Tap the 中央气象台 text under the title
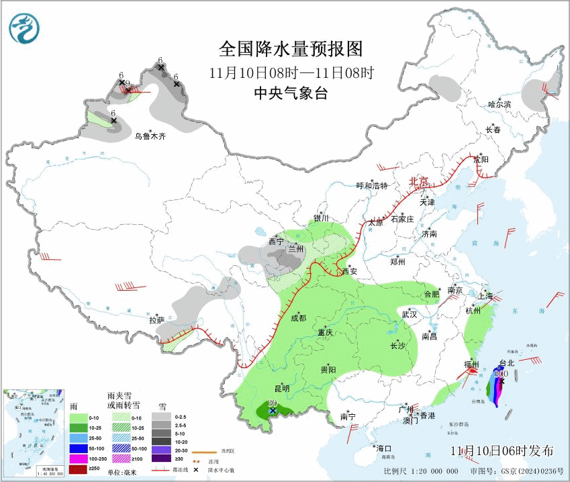291,93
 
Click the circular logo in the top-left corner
25,28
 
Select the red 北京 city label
420,181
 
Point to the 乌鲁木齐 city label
150,136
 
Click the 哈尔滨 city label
500,104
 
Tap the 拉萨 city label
156,320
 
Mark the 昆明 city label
281,388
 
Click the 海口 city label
383,448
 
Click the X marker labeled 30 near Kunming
273,409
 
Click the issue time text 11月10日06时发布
502,450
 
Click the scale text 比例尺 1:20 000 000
416,472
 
